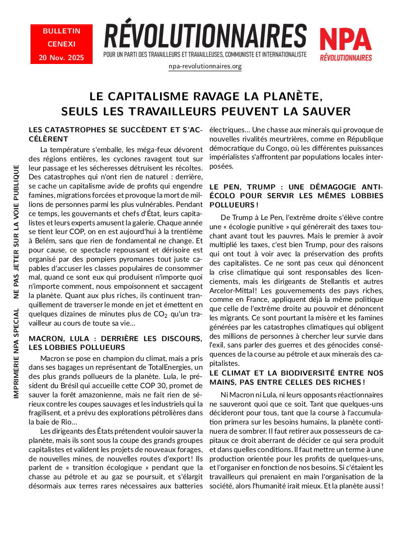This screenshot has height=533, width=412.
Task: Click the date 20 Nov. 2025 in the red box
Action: pyautogui.click(x=62, y=58)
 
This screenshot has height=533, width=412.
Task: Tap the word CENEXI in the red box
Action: pyautogui.click(x=62, y=44)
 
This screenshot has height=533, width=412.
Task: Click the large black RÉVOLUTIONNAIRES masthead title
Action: pyautogui.click(x=205, y=37)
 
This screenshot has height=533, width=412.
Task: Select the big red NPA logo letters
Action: pyautogui.click(x=346, y=40)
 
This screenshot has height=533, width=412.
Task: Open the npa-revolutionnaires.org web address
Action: pyautogui.click(x=205, y=66)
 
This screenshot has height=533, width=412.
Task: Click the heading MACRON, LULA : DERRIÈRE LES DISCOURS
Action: pyautogui.click(x=115, y=338)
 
